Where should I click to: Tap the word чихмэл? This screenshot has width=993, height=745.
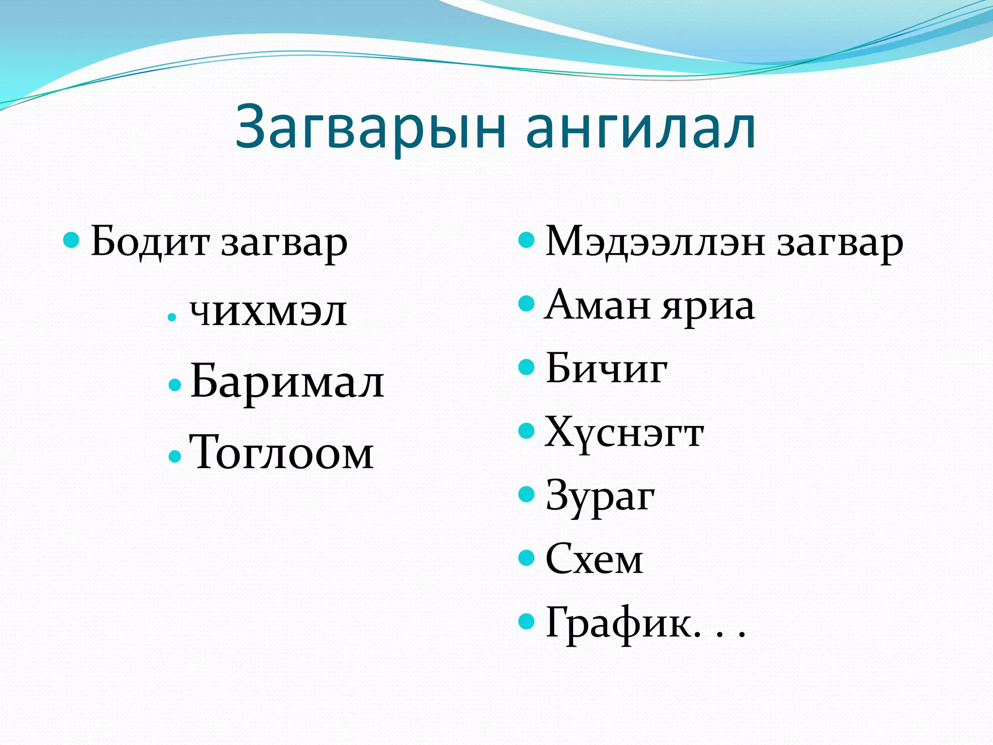[268, 312]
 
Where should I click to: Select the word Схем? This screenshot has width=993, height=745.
[594, 559]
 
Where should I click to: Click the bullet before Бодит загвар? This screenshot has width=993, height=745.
[71, 240]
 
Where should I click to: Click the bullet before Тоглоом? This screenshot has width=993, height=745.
[175, 456]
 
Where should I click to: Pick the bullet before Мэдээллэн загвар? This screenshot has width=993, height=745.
[526, 240]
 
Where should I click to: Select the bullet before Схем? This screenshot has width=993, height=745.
[526, 558]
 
